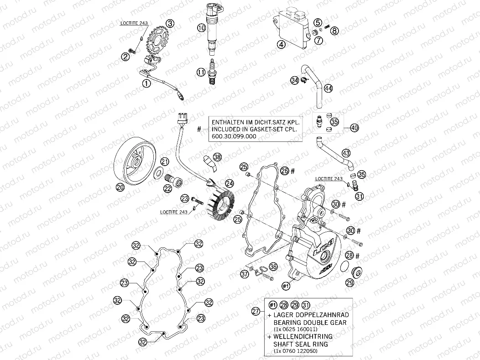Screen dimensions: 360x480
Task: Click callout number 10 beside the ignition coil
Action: coord(201,28)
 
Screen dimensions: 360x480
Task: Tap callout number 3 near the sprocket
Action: coord(170,23)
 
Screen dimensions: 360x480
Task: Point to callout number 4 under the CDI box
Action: coord(282,44)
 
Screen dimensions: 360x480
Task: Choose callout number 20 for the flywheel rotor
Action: coord(120,187)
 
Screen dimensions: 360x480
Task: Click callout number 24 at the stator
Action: coord(229,183)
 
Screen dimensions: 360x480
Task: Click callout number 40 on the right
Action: coord(355,129)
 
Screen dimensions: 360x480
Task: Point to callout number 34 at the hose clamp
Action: coord(294,80)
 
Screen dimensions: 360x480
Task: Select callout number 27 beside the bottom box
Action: coord(256,311)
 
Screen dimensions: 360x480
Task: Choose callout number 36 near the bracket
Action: coord(273,266)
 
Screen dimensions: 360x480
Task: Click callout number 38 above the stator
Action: coord(218,157)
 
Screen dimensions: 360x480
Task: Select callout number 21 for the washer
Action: coord(165,161)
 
